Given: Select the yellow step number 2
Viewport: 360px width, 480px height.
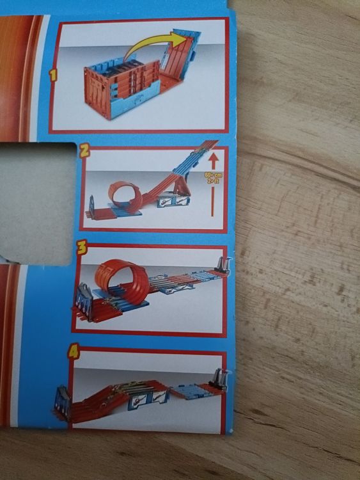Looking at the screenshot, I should click(x=83, y=151).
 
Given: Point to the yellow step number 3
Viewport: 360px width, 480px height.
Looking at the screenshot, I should click(x=81, y=249).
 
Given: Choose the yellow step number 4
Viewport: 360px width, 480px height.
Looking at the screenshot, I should click(x=74, y=351).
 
